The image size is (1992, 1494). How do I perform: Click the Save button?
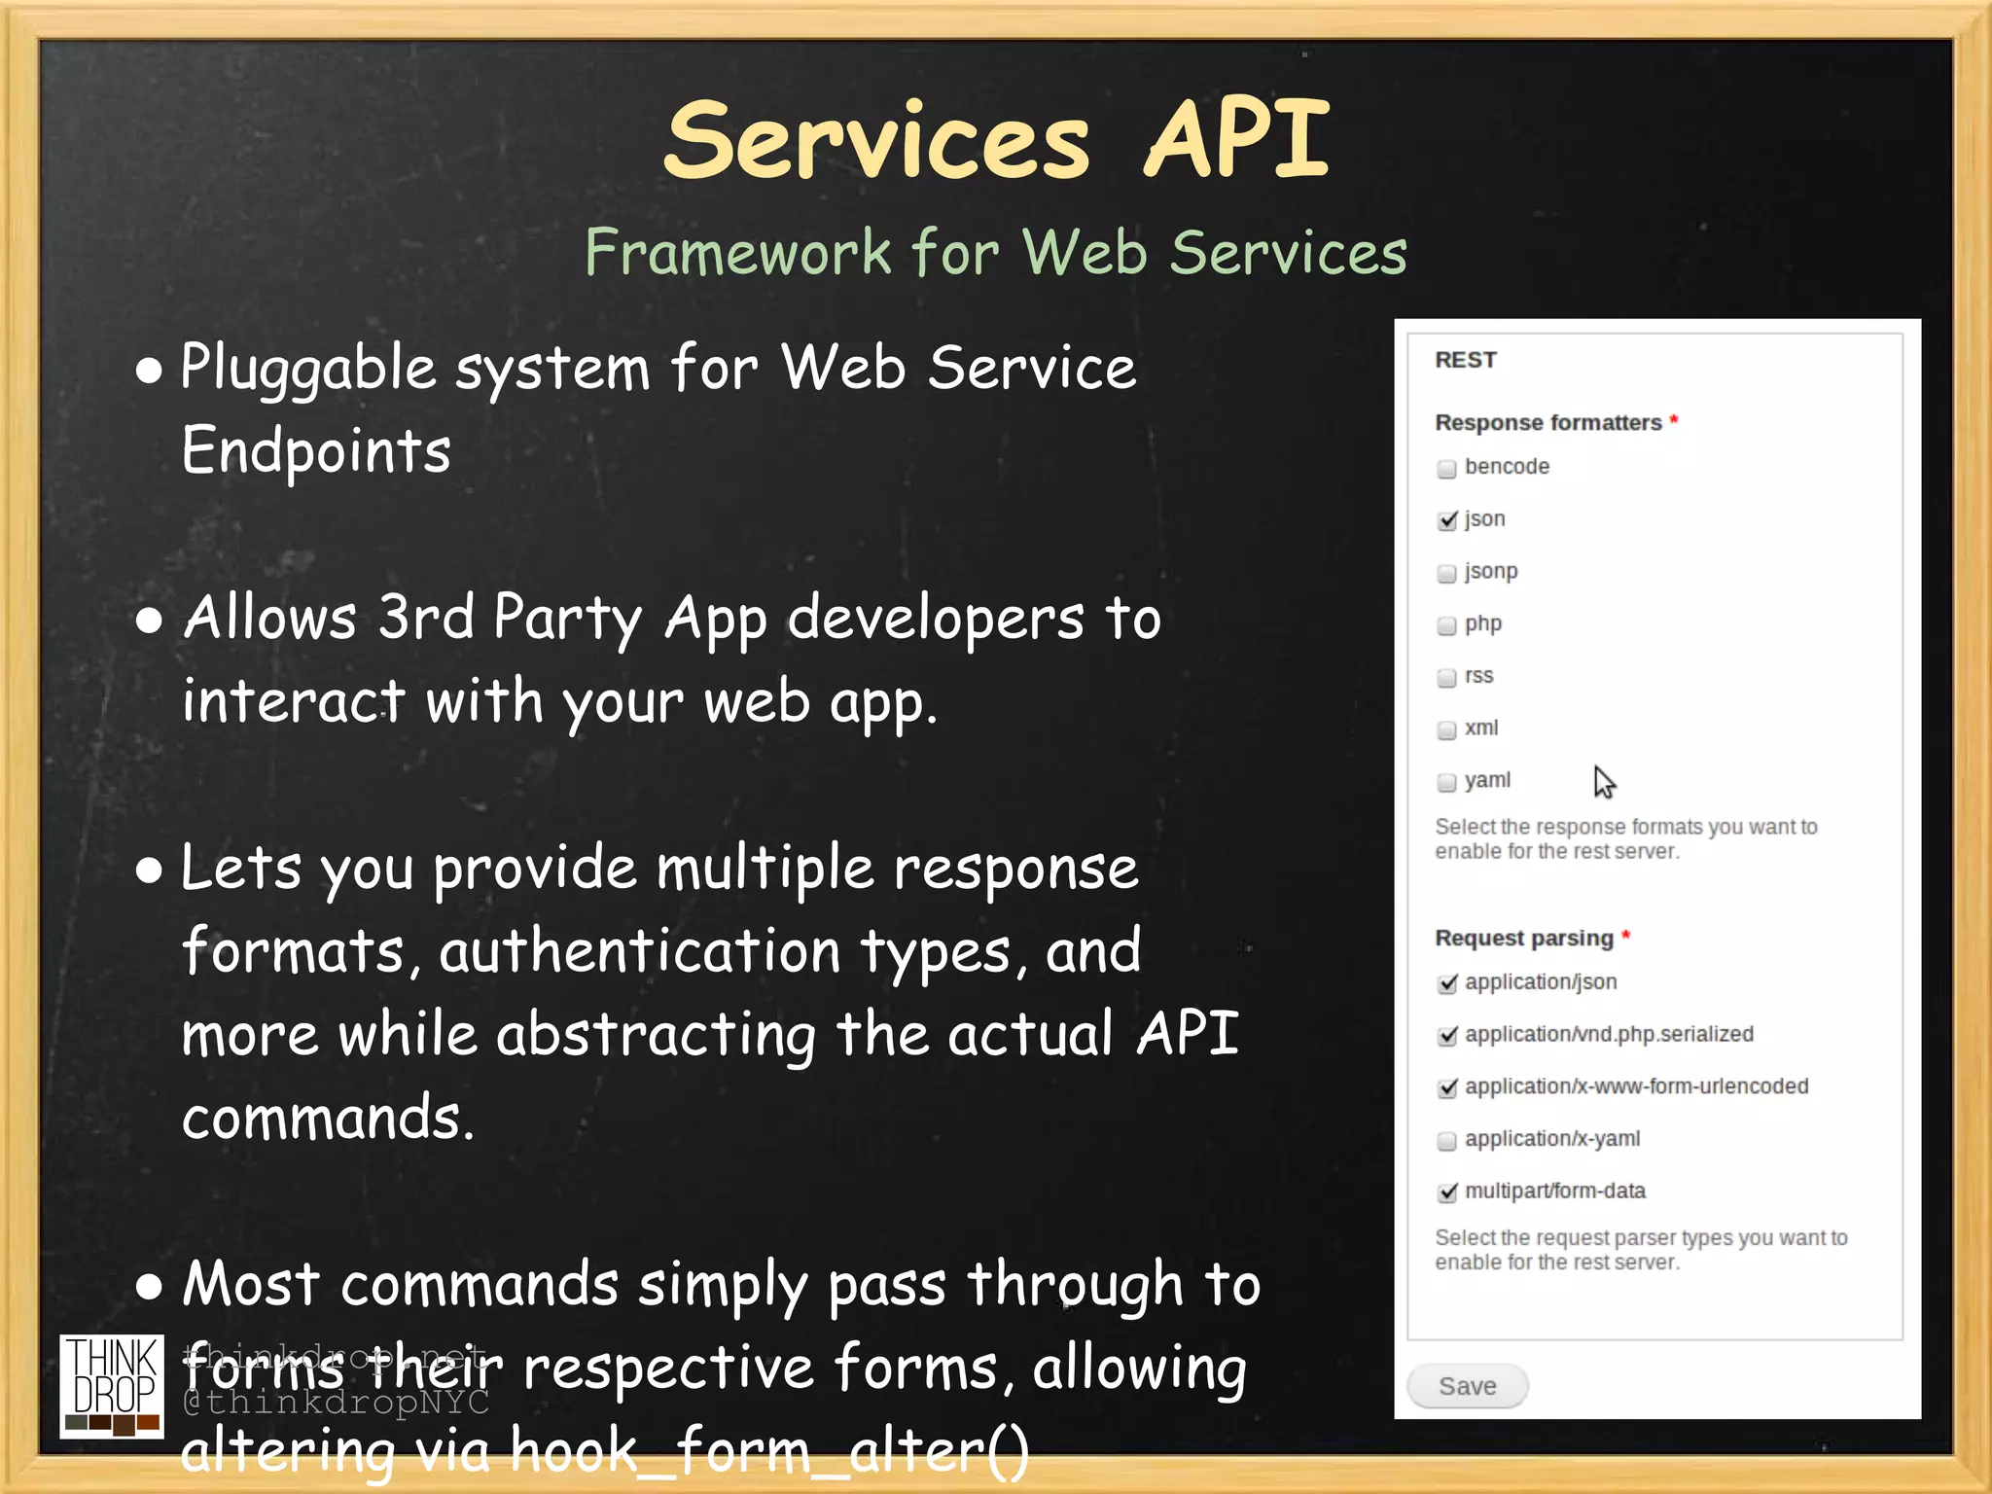[1467, 1386]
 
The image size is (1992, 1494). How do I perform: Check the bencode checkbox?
[1447, 469]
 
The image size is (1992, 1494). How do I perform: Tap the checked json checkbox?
[1447, 520]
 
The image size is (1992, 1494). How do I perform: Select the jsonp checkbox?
[1447, 573]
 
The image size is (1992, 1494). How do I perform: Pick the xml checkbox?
[1447, 729]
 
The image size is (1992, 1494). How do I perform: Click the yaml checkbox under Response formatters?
[1447, 782]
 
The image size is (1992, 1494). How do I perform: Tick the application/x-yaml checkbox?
[1447, 1141]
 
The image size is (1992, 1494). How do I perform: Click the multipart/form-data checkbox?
[1447, 1192]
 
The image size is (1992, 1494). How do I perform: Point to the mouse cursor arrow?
[1603, 780]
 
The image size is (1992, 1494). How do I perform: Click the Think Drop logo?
[112, 1385]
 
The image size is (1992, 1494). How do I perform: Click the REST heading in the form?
[1466, 360]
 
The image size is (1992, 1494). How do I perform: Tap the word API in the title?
[1236, 141]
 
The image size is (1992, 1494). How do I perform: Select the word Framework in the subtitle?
[737, 253]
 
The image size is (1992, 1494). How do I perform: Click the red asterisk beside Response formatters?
[1674, 420]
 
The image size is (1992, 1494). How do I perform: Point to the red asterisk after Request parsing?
[1625, 936]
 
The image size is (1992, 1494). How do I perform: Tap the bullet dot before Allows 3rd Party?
[149, 621]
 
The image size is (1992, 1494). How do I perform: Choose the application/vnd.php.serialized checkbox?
[1447, 1036]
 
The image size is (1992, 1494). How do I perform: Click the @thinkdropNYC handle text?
[337, 1403]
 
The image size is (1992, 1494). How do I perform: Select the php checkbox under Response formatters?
[1447, 625]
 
